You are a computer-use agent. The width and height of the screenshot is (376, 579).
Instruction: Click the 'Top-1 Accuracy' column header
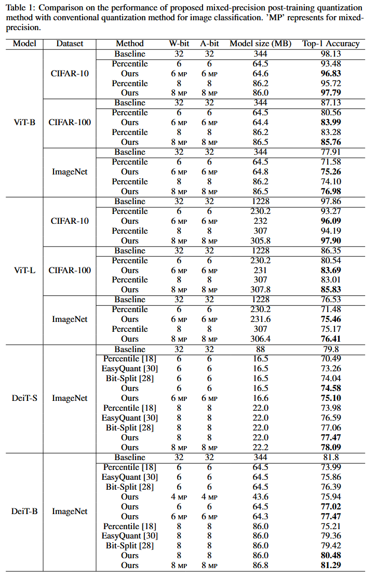[331, 44]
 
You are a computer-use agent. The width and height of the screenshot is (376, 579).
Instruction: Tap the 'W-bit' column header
[179, 44]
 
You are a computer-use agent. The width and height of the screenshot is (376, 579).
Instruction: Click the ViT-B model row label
[23, 123]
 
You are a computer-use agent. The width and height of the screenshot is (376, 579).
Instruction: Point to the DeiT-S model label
[24, 398]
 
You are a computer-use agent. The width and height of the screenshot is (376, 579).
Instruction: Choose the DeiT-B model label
[24, 511]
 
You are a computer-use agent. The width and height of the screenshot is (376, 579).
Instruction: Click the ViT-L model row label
[23, 270]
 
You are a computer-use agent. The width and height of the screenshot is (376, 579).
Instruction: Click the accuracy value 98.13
[331, 54]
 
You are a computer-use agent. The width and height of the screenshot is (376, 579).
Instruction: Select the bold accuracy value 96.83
[331, 74]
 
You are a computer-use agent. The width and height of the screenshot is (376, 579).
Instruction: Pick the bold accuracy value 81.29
[331, 565]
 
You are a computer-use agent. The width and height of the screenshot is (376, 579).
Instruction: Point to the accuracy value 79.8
[331, 349]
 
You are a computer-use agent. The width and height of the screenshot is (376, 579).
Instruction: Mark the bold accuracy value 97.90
[331, 241]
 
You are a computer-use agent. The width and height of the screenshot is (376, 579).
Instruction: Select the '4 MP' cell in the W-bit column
[179, 497]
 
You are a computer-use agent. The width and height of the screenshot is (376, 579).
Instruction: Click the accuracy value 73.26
[331, 369]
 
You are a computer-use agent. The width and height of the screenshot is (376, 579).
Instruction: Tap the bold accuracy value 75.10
[331, 398]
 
